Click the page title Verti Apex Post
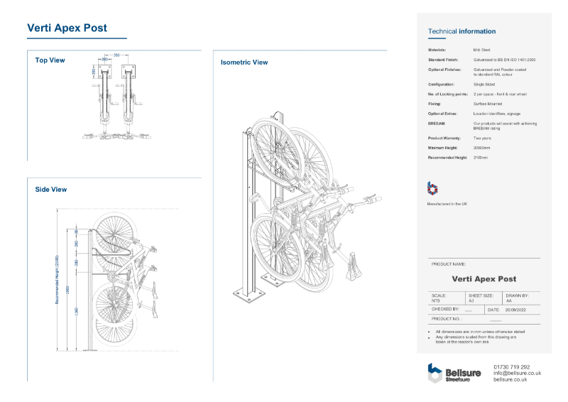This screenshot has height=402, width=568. (x=67, y=28)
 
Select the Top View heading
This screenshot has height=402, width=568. (x=50, y=60)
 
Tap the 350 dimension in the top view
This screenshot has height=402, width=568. (x=116, y=55)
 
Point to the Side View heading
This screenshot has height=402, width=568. (x=51, y=190)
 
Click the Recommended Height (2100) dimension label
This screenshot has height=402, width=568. (x=58, y=280)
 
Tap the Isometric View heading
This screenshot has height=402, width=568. (x=244, y=63)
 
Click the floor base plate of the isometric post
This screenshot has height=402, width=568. (x=246, y=293)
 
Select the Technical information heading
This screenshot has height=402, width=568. (x=461, y=31)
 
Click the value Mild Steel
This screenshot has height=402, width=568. (x=481, y=50)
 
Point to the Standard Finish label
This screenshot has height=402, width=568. (x=444, y=60)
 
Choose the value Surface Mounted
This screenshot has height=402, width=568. (x=488, y=104)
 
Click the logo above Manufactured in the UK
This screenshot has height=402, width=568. (x=432, y=188)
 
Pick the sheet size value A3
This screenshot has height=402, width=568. (x=471, y=301)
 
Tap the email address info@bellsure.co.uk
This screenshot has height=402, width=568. (x=517, y=373)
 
